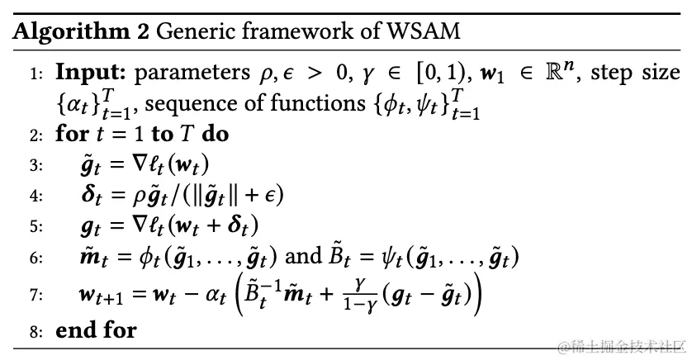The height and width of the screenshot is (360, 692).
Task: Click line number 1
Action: (36, 74)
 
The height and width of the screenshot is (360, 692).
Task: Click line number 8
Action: (36, 333)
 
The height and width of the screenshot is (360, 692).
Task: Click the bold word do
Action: (215, 133)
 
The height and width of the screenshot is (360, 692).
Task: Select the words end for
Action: (96, 332)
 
